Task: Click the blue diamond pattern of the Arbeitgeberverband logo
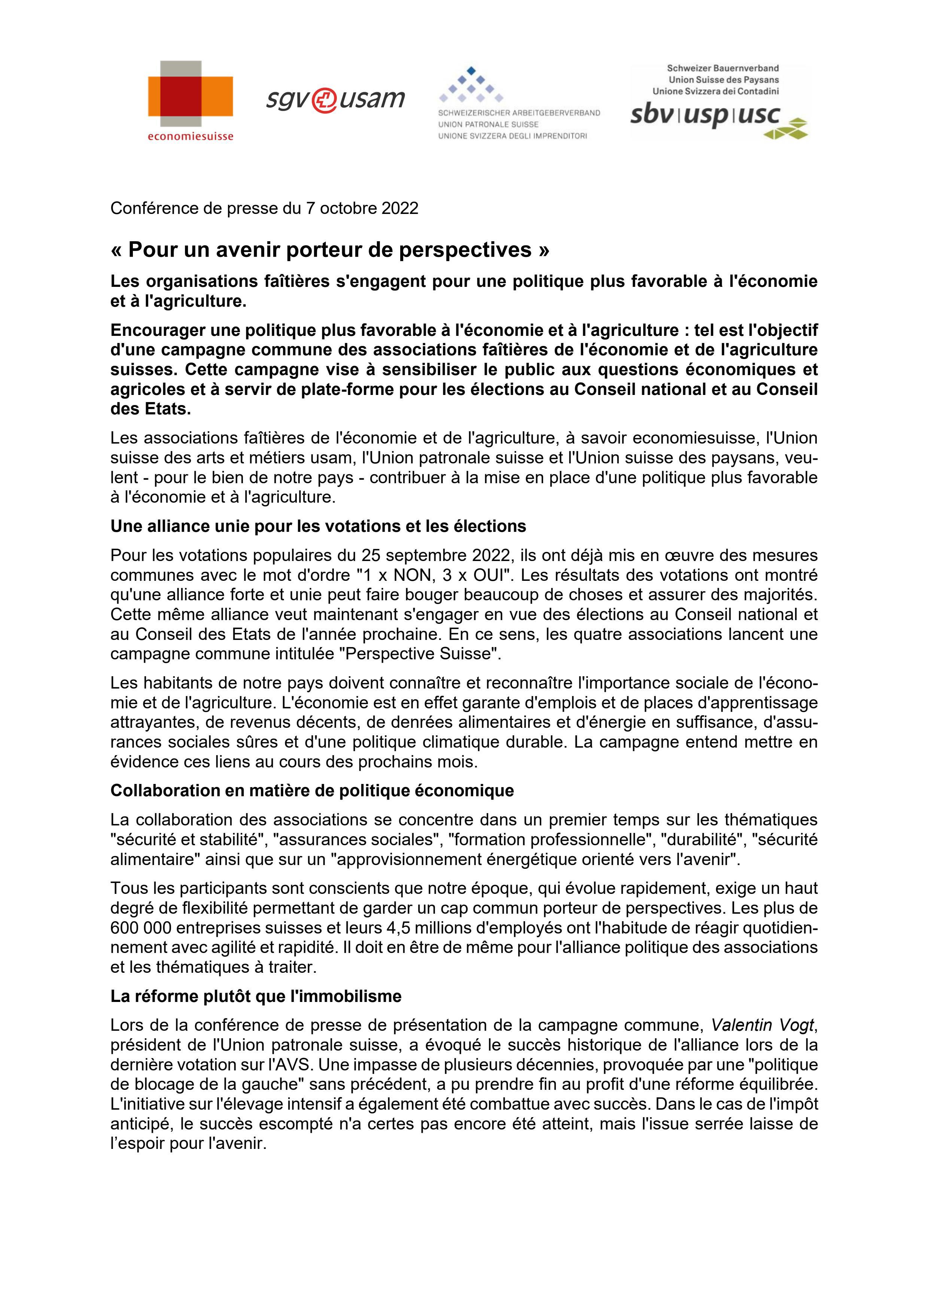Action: coord(471,85)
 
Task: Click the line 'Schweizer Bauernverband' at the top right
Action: coord(722,68)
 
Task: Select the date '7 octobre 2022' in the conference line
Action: coord(362,208)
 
